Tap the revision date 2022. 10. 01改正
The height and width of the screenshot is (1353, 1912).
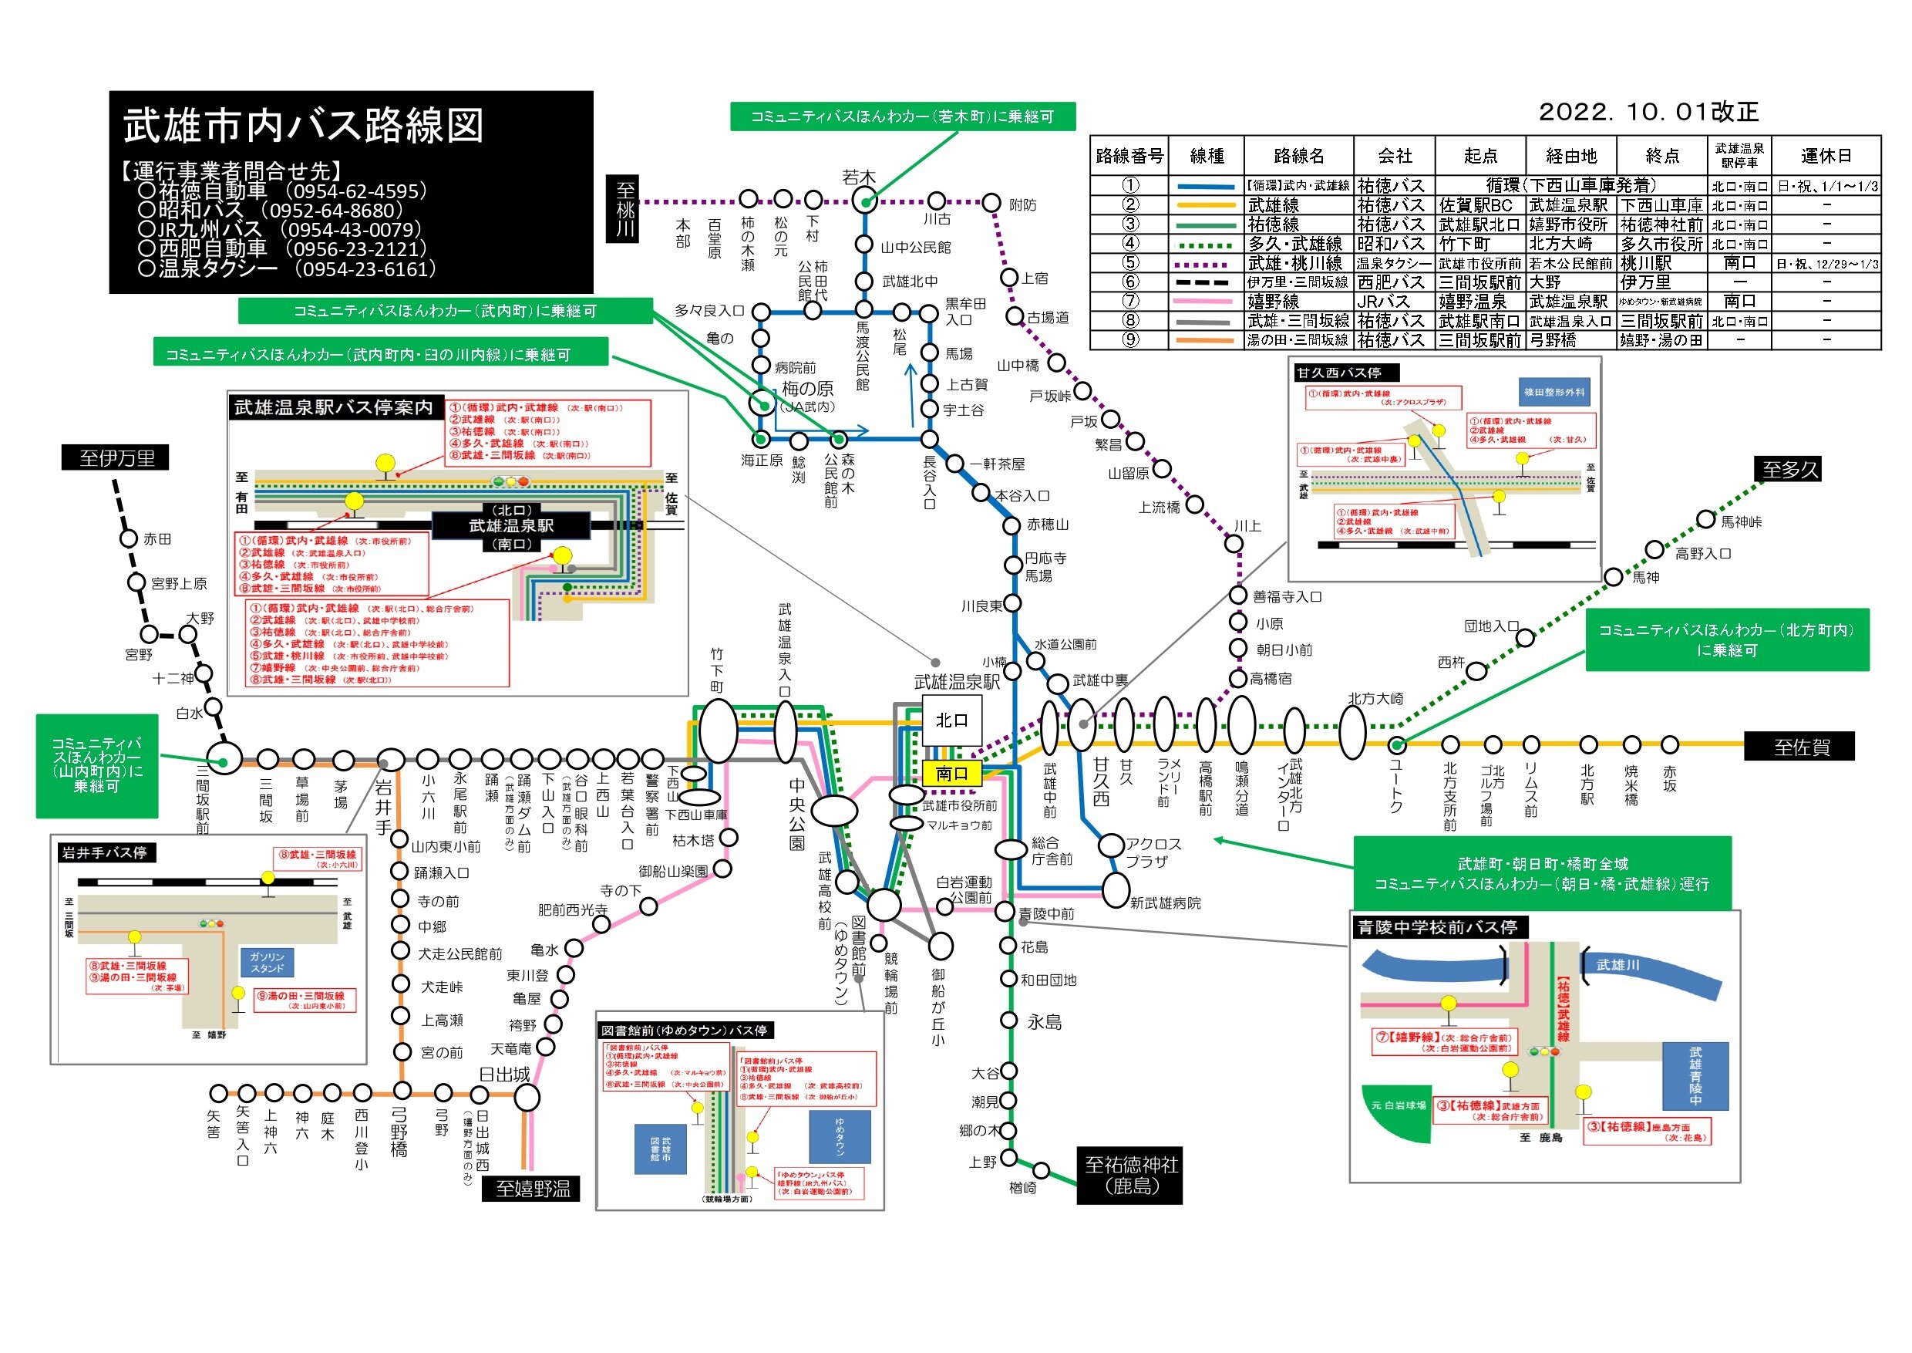(x=1648, y=112)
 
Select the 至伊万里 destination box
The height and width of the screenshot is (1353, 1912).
(x=116, y=458)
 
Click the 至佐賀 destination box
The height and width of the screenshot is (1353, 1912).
(x=1800, y=747)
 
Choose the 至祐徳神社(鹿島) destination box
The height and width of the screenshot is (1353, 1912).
(x=1130, y=1176)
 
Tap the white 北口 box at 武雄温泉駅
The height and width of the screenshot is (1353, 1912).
(x=951, y=720)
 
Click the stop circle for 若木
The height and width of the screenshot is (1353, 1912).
(x=866, y=201)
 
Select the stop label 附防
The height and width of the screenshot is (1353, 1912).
(x=1022, y=205)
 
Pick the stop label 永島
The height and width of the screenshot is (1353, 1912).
(x=1044, y=1022)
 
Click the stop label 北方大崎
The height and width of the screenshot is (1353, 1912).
(x=1375, y=698)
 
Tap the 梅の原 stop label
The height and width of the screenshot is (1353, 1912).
(x=807, y=389)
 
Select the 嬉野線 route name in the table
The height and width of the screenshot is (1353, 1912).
(x=1274, y=302)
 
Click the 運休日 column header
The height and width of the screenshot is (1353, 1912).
(x=1826, y=156)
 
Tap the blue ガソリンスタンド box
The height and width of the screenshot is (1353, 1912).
(x=268, y=962)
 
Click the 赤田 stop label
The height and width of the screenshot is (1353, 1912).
(x=157, y=539)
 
